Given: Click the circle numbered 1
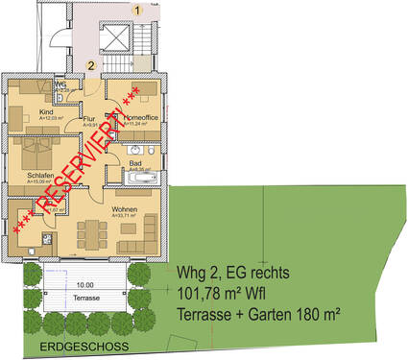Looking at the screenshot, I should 137,10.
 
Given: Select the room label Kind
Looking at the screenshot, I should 47,111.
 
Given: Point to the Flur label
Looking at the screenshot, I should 88,119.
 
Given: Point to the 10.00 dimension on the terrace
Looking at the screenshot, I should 85,285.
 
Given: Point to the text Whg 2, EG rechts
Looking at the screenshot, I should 233,273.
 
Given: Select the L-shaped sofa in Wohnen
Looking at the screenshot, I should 149,228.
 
